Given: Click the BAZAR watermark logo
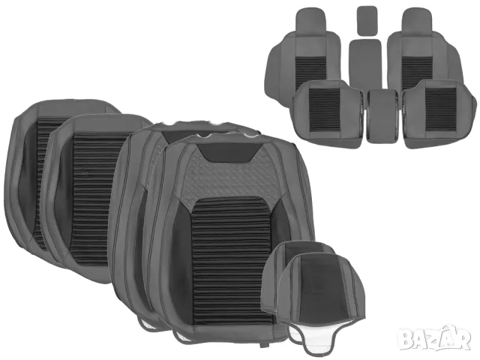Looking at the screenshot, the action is [435, 339].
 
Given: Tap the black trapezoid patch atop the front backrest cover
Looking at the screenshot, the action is [231, 152].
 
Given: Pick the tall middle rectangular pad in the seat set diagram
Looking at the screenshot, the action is [365, 63].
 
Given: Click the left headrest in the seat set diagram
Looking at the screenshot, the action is [310, 22].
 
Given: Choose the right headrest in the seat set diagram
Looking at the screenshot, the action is [417, 22].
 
